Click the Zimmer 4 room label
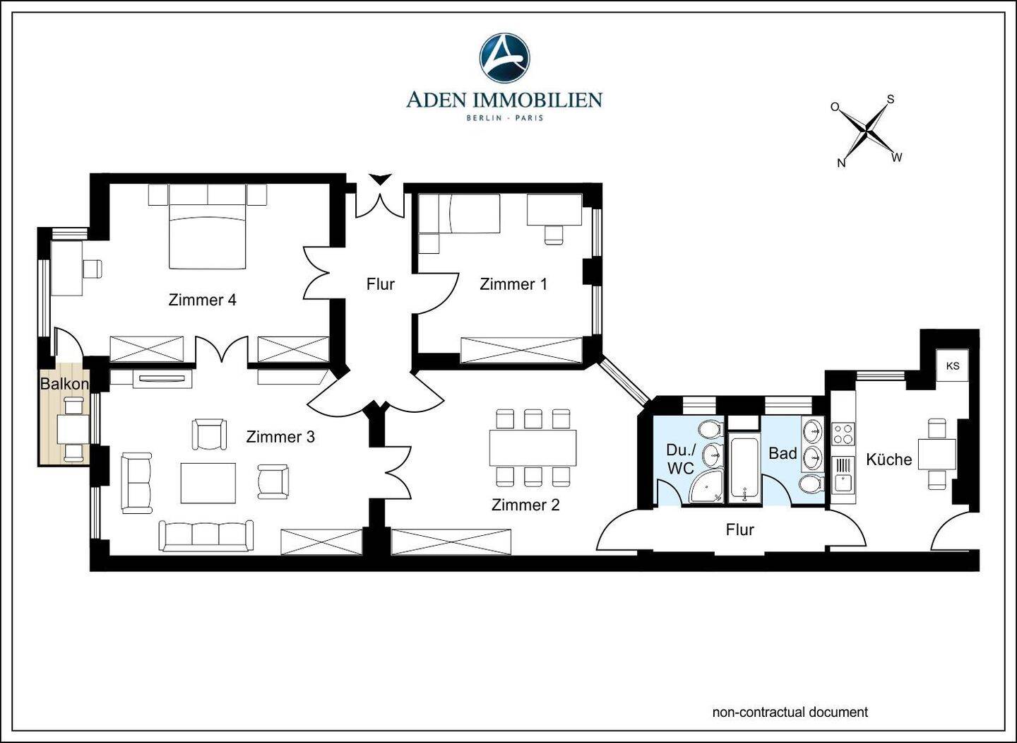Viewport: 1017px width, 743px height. (202, 300)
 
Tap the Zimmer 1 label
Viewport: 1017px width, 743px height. (513, 284)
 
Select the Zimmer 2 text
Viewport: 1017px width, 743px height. (525, 505)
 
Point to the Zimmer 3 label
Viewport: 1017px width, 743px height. (280, 437)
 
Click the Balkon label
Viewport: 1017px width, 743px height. (64, 384)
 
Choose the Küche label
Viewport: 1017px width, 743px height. (889, 460)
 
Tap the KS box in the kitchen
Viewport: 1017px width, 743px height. (953, 365)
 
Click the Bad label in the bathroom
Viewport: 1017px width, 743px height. (783, 453)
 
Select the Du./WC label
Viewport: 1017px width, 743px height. (681, 459)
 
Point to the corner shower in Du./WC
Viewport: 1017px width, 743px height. (706, 486)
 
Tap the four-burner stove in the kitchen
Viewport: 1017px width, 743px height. (843, 433)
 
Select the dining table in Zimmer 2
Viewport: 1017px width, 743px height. (533, 447)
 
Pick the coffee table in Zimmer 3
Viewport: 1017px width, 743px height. (208, 483)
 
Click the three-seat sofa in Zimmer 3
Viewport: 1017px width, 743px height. (206, 536)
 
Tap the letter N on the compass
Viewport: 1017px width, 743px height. (841, 163)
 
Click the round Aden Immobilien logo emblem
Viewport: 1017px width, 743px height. (504, 58)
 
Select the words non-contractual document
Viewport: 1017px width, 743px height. (790, 712)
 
